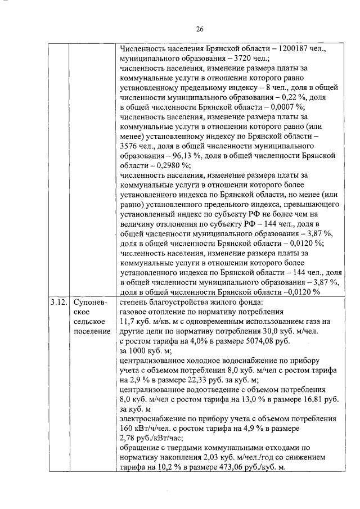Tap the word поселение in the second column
tap(92, 331)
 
